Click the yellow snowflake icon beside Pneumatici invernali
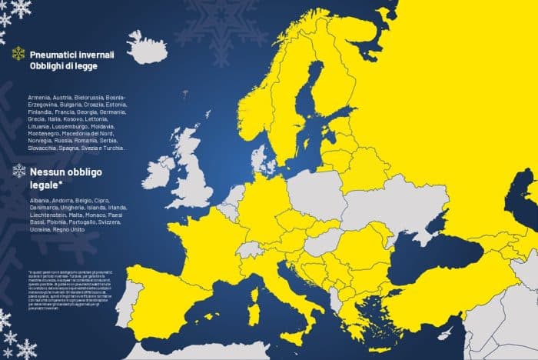click(18, 55)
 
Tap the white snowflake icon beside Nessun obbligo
click(18, 170)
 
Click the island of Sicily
click(296, 335)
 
